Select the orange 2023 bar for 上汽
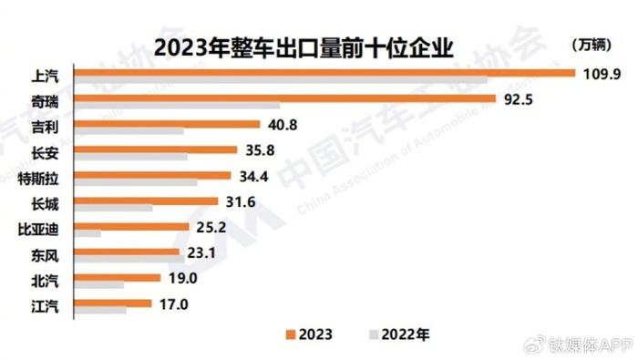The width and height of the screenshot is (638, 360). click(323, 72)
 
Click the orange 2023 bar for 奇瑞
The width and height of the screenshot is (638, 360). click(283, 98)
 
